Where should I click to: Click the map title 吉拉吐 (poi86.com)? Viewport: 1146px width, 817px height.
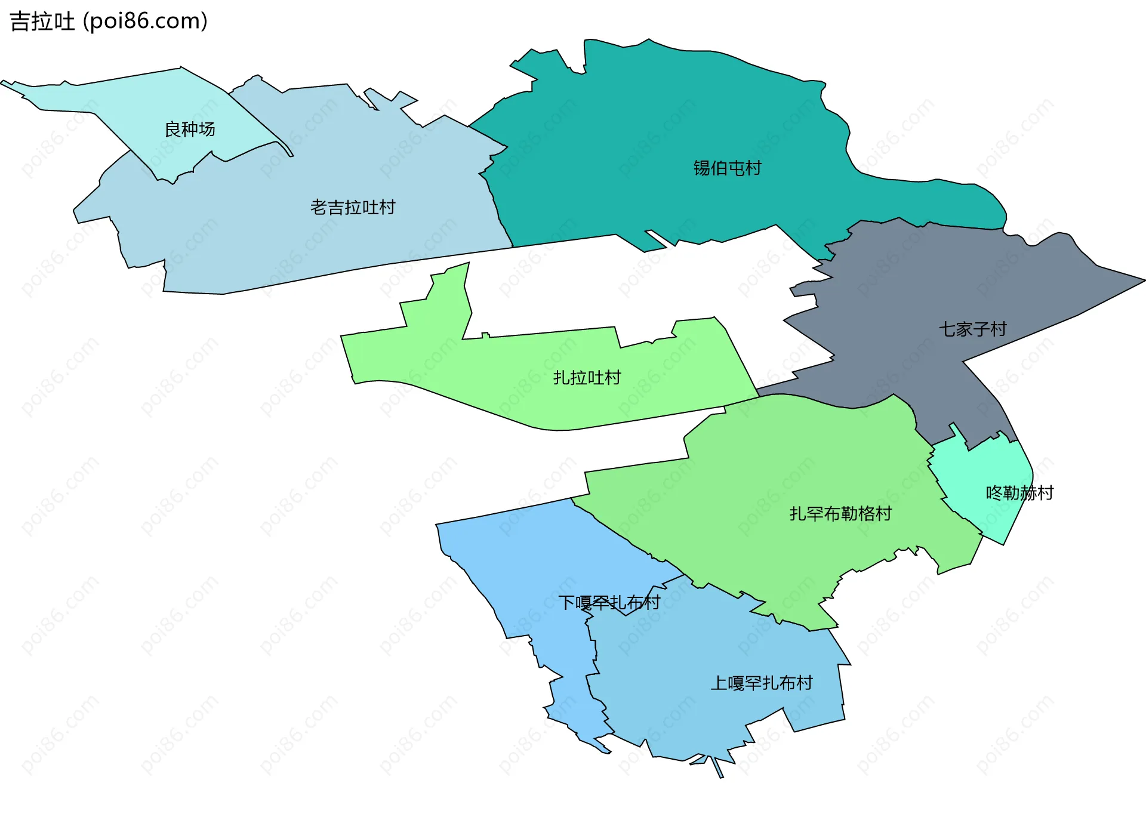pos(109,21)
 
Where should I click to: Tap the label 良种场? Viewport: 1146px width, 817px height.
pos(190,130)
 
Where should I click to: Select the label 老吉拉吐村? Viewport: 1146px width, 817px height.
pos(353,208)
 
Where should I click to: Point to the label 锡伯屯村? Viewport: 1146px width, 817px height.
pos(727,168)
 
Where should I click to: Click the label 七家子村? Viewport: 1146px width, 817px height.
pos(972,329)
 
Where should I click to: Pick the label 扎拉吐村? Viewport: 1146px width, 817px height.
pos(587,378)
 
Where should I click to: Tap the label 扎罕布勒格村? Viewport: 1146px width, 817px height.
pos(840,514)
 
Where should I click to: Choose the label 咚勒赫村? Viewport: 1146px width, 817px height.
pos(1019,493)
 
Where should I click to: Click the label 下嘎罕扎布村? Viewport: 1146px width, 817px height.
pos(609,603)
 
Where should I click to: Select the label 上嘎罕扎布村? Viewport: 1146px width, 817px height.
pos(761,683)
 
